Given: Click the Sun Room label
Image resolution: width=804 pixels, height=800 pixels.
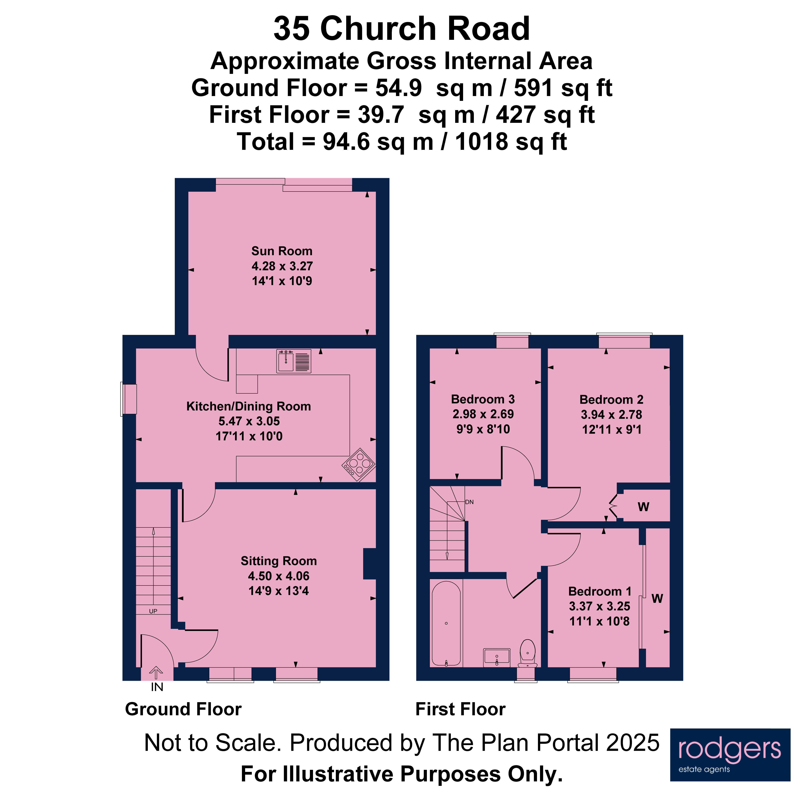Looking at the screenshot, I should pos(282,251).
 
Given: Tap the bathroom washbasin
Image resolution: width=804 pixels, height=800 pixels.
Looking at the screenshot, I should pos(496,657).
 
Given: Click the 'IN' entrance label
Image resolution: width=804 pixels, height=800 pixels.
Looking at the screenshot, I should pos(157,687).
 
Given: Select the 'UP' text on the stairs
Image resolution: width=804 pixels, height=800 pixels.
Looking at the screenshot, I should pos(153,611).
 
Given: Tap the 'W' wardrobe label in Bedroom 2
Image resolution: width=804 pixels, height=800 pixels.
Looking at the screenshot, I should pos(643,507).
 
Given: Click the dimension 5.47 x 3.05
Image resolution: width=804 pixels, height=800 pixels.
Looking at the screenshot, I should pos(249,421).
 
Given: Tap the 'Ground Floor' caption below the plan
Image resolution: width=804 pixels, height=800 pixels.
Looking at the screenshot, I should pos(183,709).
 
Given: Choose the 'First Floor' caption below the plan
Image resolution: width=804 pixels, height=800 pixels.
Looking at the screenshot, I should pos(460,709).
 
